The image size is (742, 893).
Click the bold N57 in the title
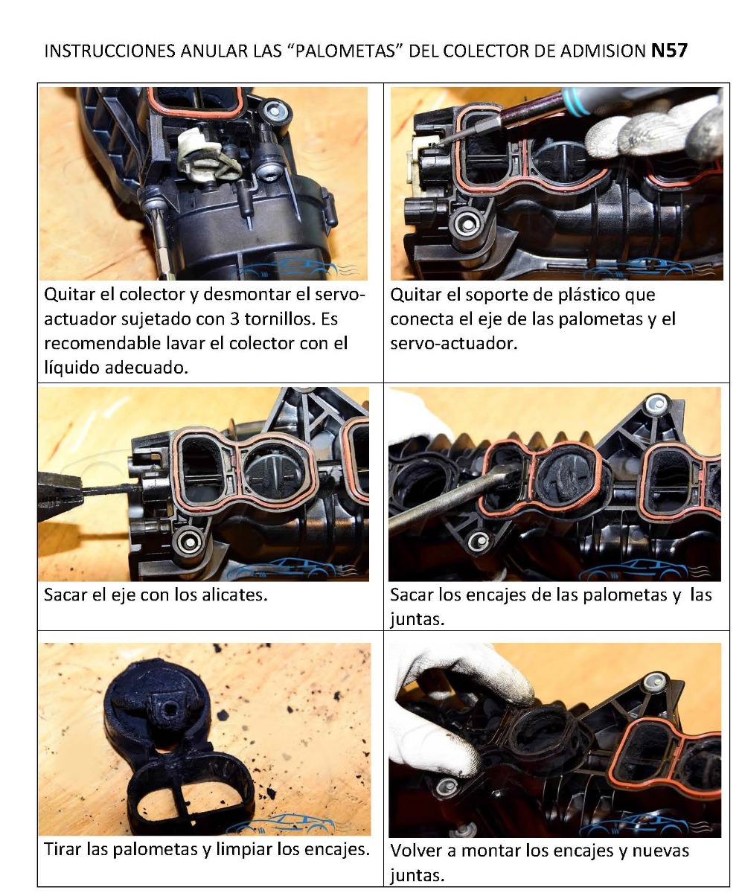click(x=669, y=51)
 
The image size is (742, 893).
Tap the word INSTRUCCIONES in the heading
click(x=110, y=51)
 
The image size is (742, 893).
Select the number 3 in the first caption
click(x=234, y=319)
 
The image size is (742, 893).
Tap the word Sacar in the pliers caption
click(x=66, y=595)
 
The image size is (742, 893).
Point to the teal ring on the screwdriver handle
click(x=575, y=102)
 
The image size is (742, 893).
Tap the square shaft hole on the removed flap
click(x=170, y=711)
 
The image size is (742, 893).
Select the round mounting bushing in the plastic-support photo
click(x=468, y=224)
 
